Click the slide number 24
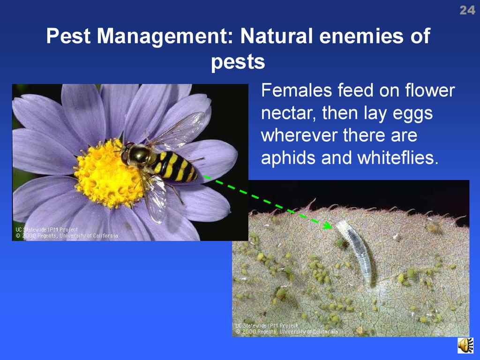coord(467,10)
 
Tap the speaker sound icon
coord(465,345)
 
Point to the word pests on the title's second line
coord(238,62)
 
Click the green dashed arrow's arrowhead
coord(328,226)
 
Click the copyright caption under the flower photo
coord(67,232)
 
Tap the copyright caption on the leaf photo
coord(286,329)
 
